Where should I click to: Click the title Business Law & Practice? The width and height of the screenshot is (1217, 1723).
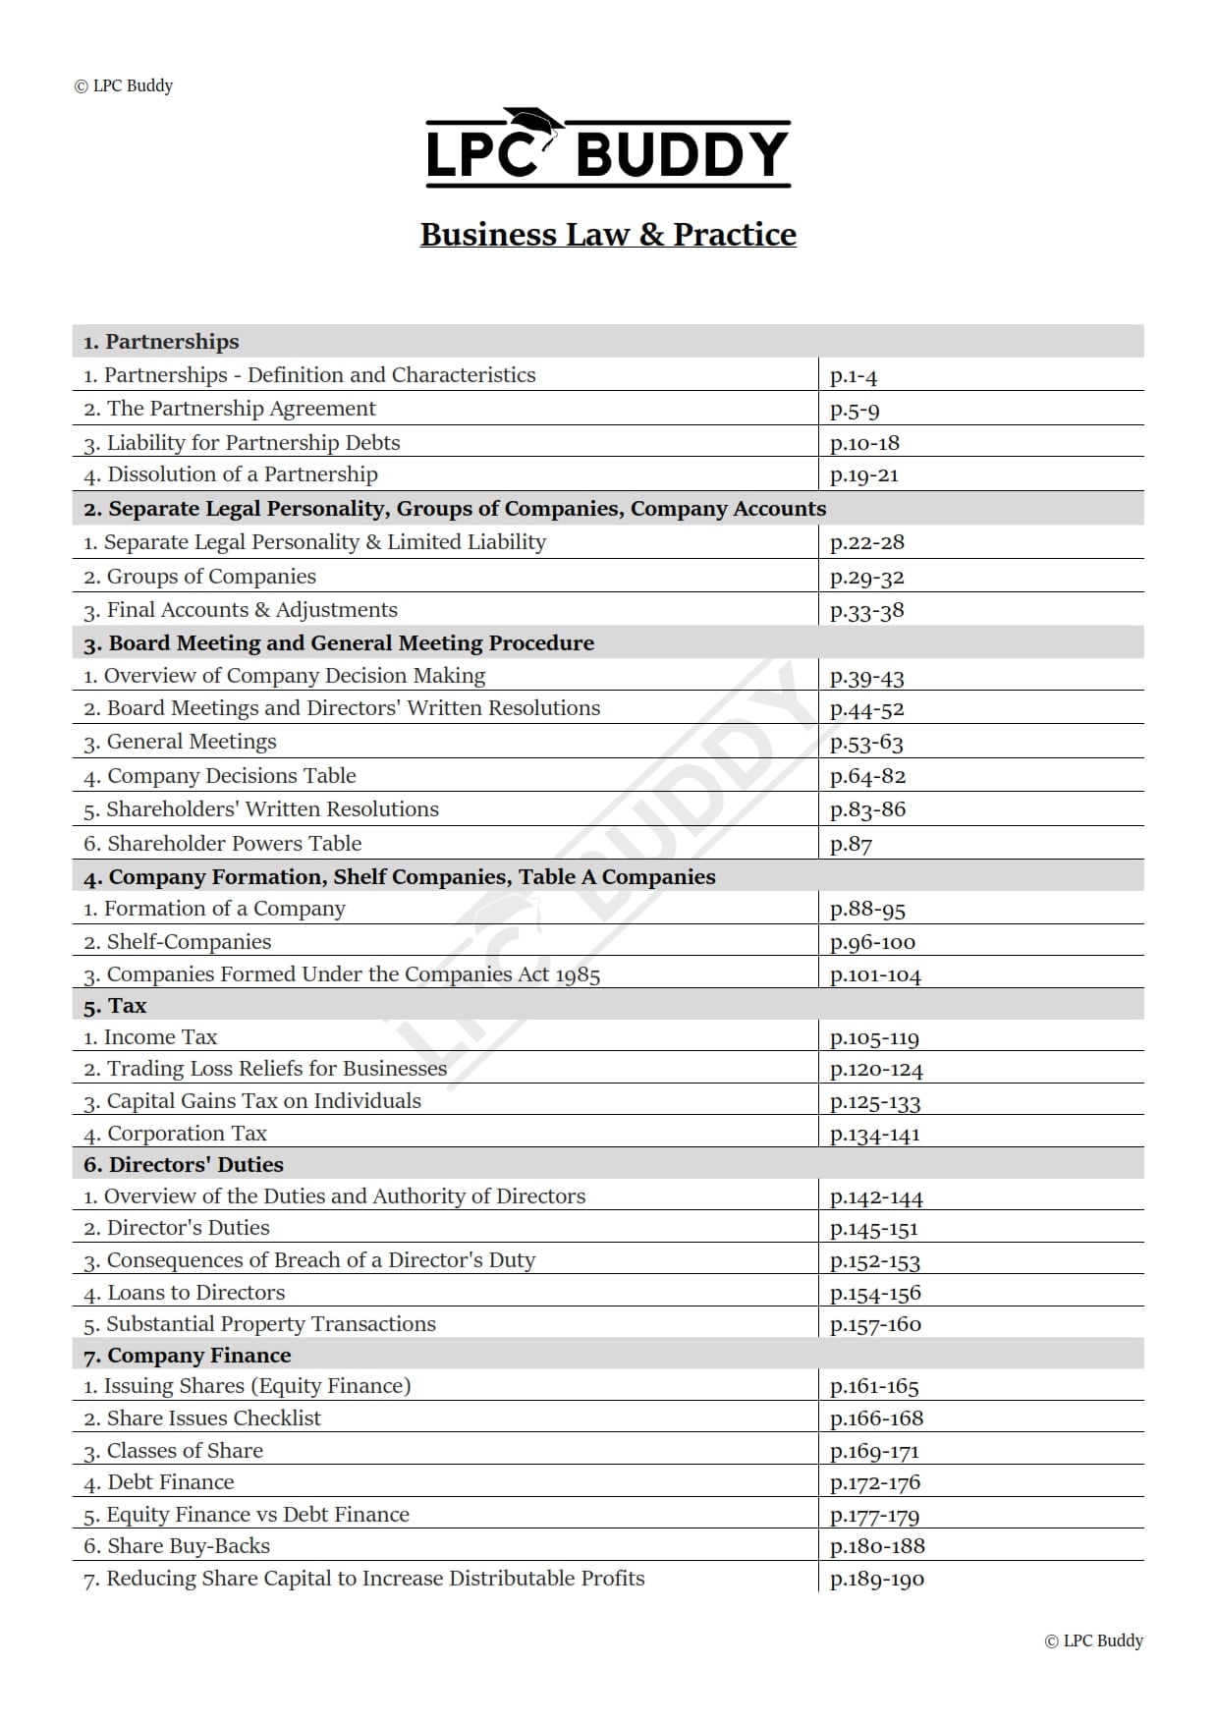coord(608,235)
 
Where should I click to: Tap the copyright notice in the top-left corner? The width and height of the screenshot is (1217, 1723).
coord(124,86)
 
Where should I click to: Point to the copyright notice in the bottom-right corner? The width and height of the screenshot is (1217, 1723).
coord(1093,1640)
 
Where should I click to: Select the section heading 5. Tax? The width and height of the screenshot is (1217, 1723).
coord(115,1006)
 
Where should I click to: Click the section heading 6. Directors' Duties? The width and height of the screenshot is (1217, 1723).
coord(184,1165)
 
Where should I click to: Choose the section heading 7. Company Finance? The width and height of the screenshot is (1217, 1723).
coord(188,1356)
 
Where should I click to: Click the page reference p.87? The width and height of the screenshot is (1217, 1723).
coord(851,844)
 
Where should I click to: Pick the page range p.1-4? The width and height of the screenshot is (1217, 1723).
coord(853,376)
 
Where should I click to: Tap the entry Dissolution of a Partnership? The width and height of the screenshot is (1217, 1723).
coord(231,475)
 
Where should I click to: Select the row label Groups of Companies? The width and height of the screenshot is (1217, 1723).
coord(200,577)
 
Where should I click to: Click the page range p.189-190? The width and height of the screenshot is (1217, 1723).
coord(876,1580)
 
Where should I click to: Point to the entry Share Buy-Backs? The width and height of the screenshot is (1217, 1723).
coord(177,1546)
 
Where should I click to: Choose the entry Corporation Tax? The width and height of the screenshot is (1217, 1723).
coord(176,1134)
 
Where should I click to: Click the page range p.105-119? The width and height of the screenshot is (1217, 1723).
coord(874,1038)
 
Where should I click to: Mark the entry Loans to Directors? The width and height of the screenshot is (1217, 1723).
coord(185,1293)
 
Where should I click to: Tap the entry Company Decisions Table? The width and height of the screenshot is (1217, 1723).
coord(220,776)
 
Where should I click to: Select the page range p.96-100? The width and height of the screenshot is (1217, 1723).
coord(872,943)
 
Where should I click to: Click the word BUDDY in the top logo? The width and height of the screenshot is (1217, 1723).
coord(682,155)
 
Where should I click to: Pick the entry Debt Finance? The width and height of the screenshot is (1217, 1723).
coord(159,1482)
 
